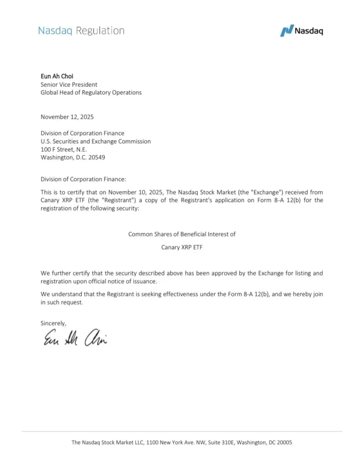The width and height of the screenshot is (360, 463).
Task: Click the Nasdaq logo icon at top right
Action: pyautogui.click(x=286, y=31)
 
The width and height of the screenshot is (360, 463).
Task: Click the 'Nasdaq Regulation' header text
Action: pyautogui.click(x=81, y=31)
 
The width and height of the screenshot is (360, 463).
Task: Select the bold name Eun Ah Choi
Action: pyautogui.click(x=57, y=76)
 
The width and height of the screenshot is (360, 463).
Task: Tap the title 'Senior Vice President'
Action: pyautogui.click(x=69, y=84)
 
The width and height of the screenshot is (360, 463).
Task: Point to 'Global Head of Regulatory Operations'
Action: pyautogui.click(x=91, y=92)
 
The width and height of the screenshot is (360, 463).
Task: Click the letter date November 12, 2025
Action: pyautogui.click(x=67, y=117)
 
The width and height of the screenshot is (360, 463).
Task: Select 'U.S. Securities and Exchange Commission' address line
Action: pyautogui.click(x=95, y=141)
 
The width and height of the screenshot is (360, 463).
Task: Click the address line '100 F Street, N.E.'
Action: pyautogui.click(x=64, y=149)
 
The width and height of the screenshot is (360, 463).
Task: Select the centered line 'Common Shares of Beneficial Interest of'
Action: pyautogui.click(x=182, y=234)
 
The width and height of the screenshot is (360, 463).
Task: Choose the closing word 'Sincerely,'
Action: pyautogui.click(x=53, y=323)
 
